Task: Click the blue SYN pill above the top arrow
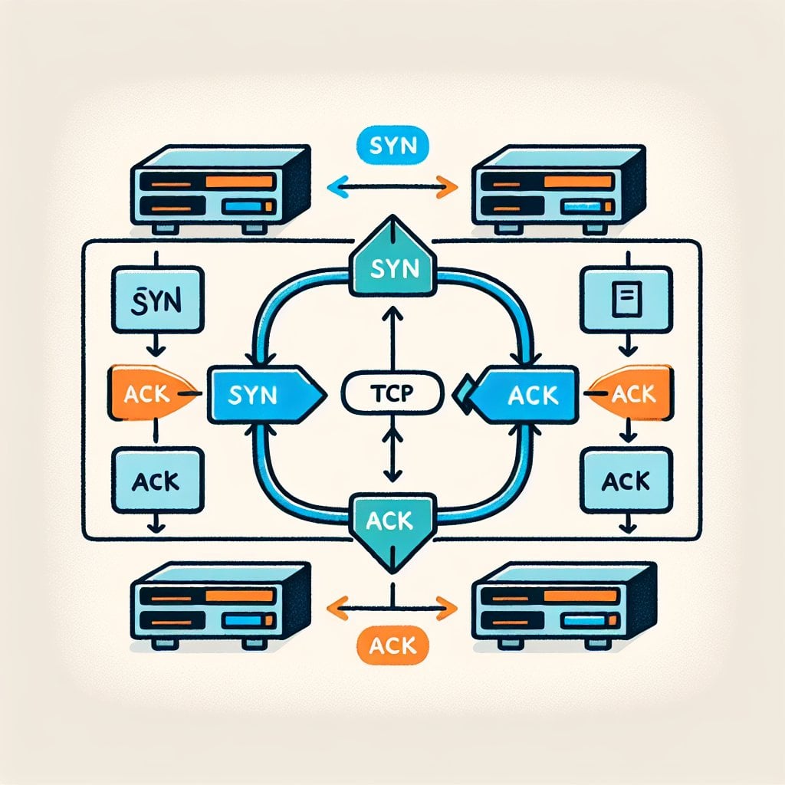tap(392, 147)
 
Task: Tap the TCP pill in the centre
tap(393, 393)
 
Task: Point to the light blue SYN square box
tap(157, 299)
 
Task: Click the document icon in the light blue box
tap(620, 299)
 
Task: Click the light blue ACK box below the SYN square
tap(157, 481)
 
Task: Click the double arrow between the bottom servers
tap(392, 610)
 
